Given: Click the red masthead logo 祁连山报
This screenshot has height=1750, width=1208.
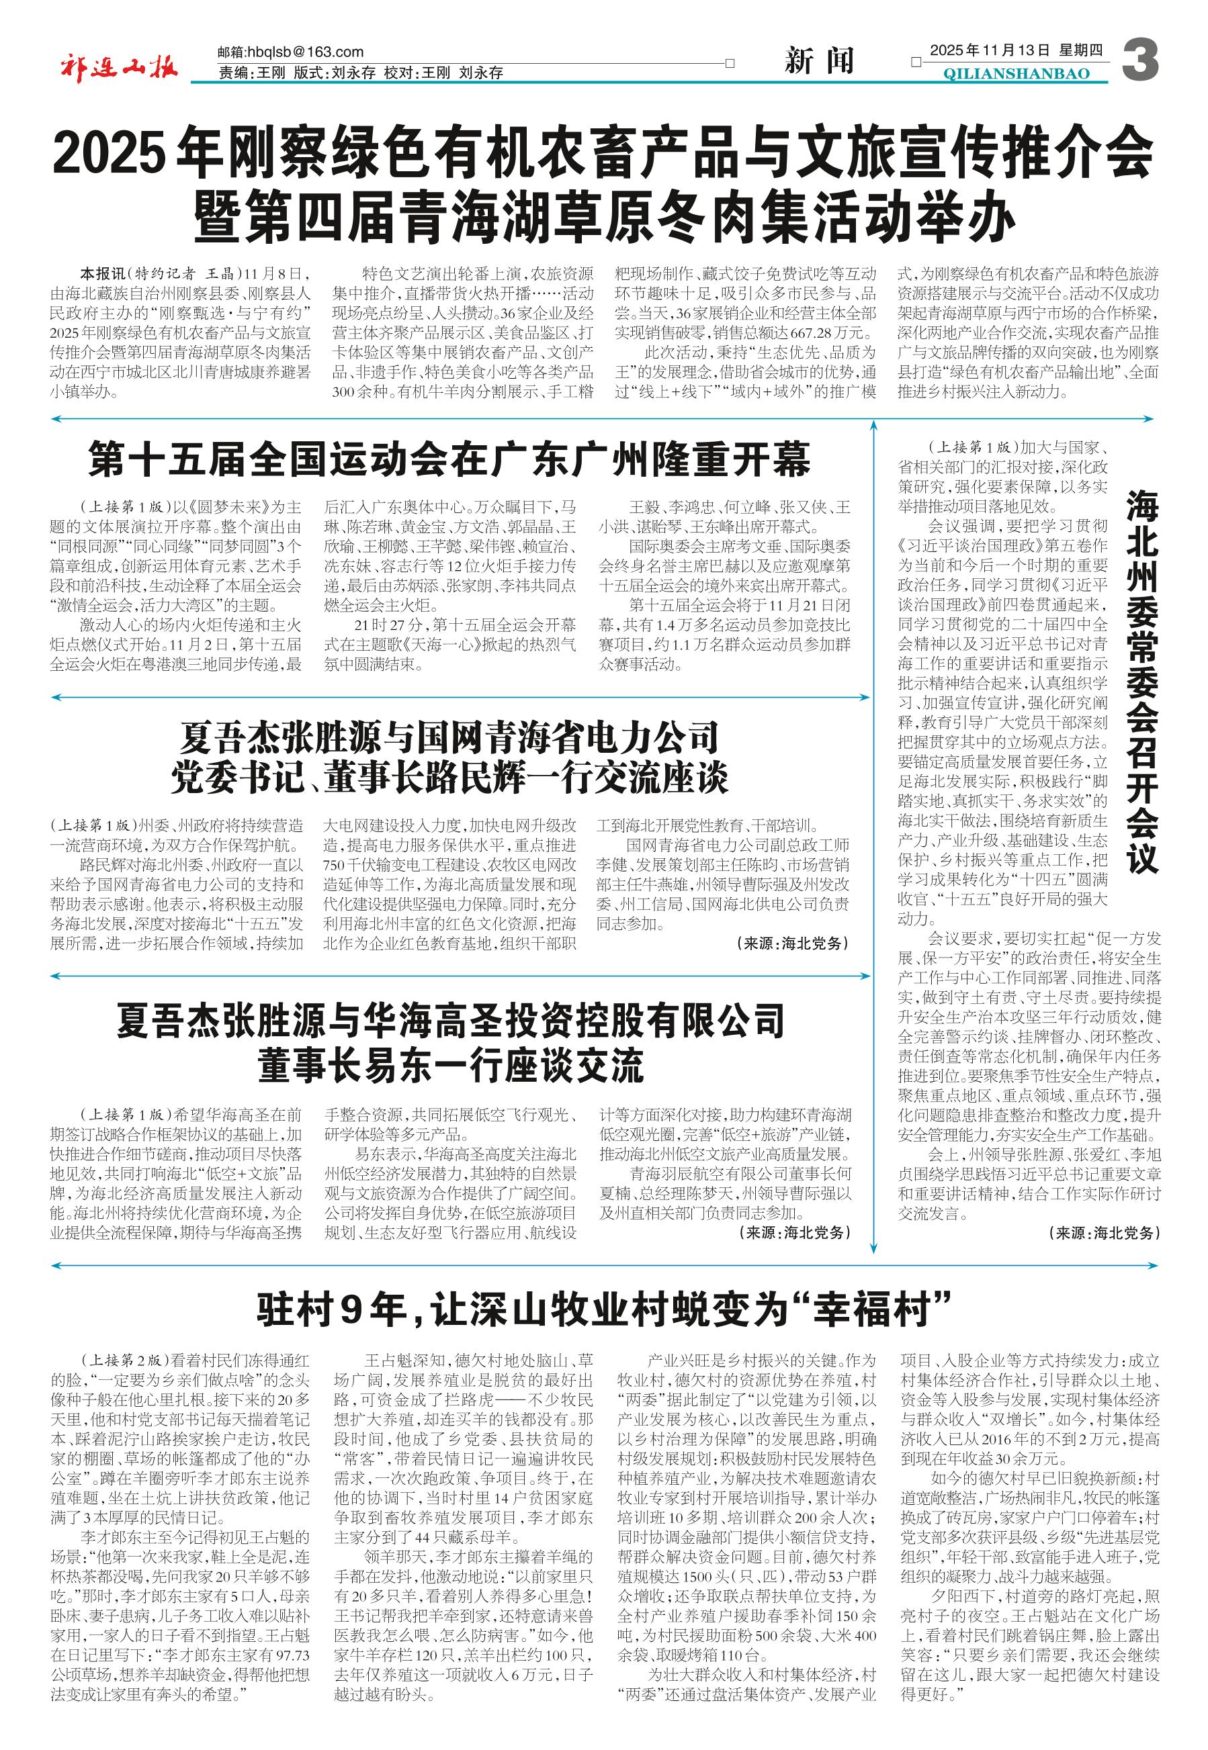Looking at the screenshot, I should pyautogui.click(x=119, y=69).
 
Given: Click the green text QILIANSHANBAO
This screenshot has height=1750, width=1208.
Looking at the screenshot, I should pyautogui.click(x=1017, y=73).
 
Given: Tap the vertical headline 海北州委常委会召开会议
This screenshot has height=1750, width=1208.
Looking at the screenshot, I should pyautogui.click(x=1142, y=682).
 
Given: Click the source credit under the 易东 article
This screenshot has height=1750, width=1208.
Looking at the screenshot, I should pyautogui.click(x=794, y=1232).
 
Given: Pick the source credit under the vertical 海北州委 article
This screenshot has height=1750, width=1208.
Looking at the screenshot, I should pyautogui.click(x=1104, y=1232).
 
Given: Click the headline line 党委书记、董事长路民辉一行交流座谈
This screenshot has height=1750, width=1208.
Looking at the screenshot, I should pyautogui.click(x=449, y=777).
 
